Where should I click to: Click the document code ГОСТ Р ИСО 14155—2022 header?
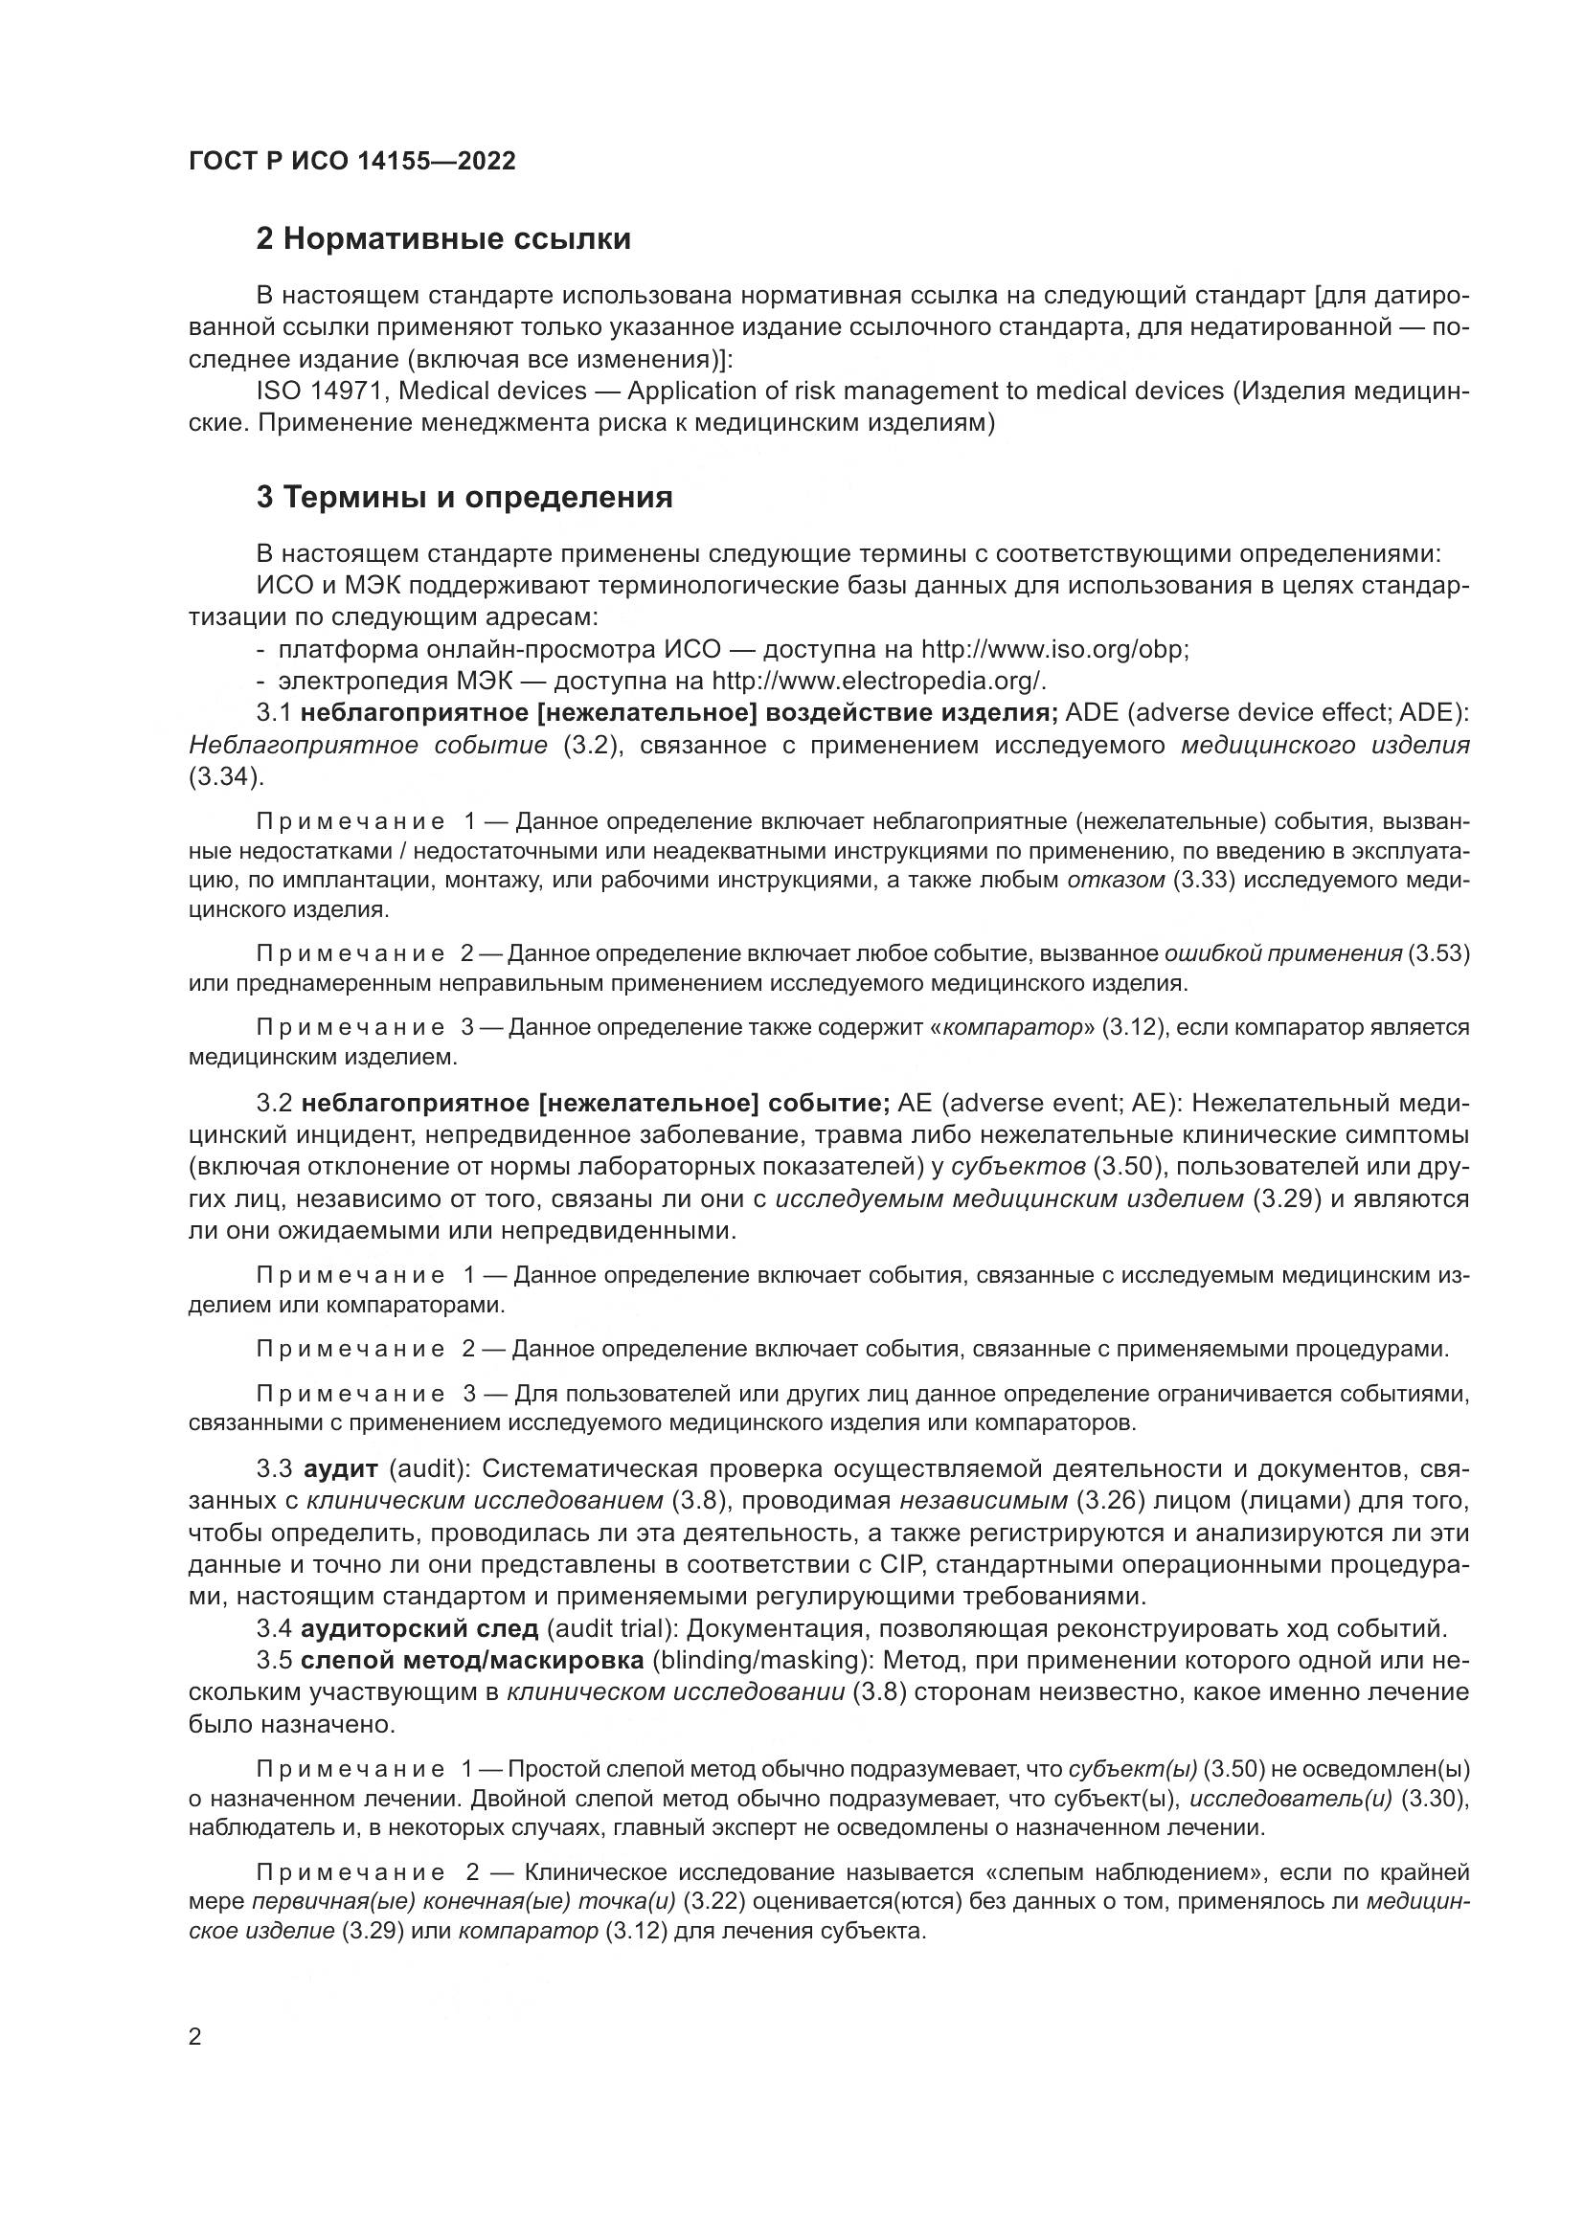[x=352, y=161]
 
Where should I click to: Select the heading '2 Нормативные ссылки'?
[x=442, y=239]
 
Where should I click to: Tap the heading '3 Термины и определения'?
[x=464, y=498]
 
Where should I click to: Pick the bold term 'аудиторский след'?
[x=419, y=1628]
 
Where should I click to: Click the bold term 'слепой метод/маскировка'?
[x=472, y=1660]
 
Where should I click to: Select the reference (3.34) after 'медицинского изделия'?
[x=224, y=777]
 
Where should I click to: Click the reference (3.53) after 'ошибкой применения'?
[x=1438, y=953]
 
